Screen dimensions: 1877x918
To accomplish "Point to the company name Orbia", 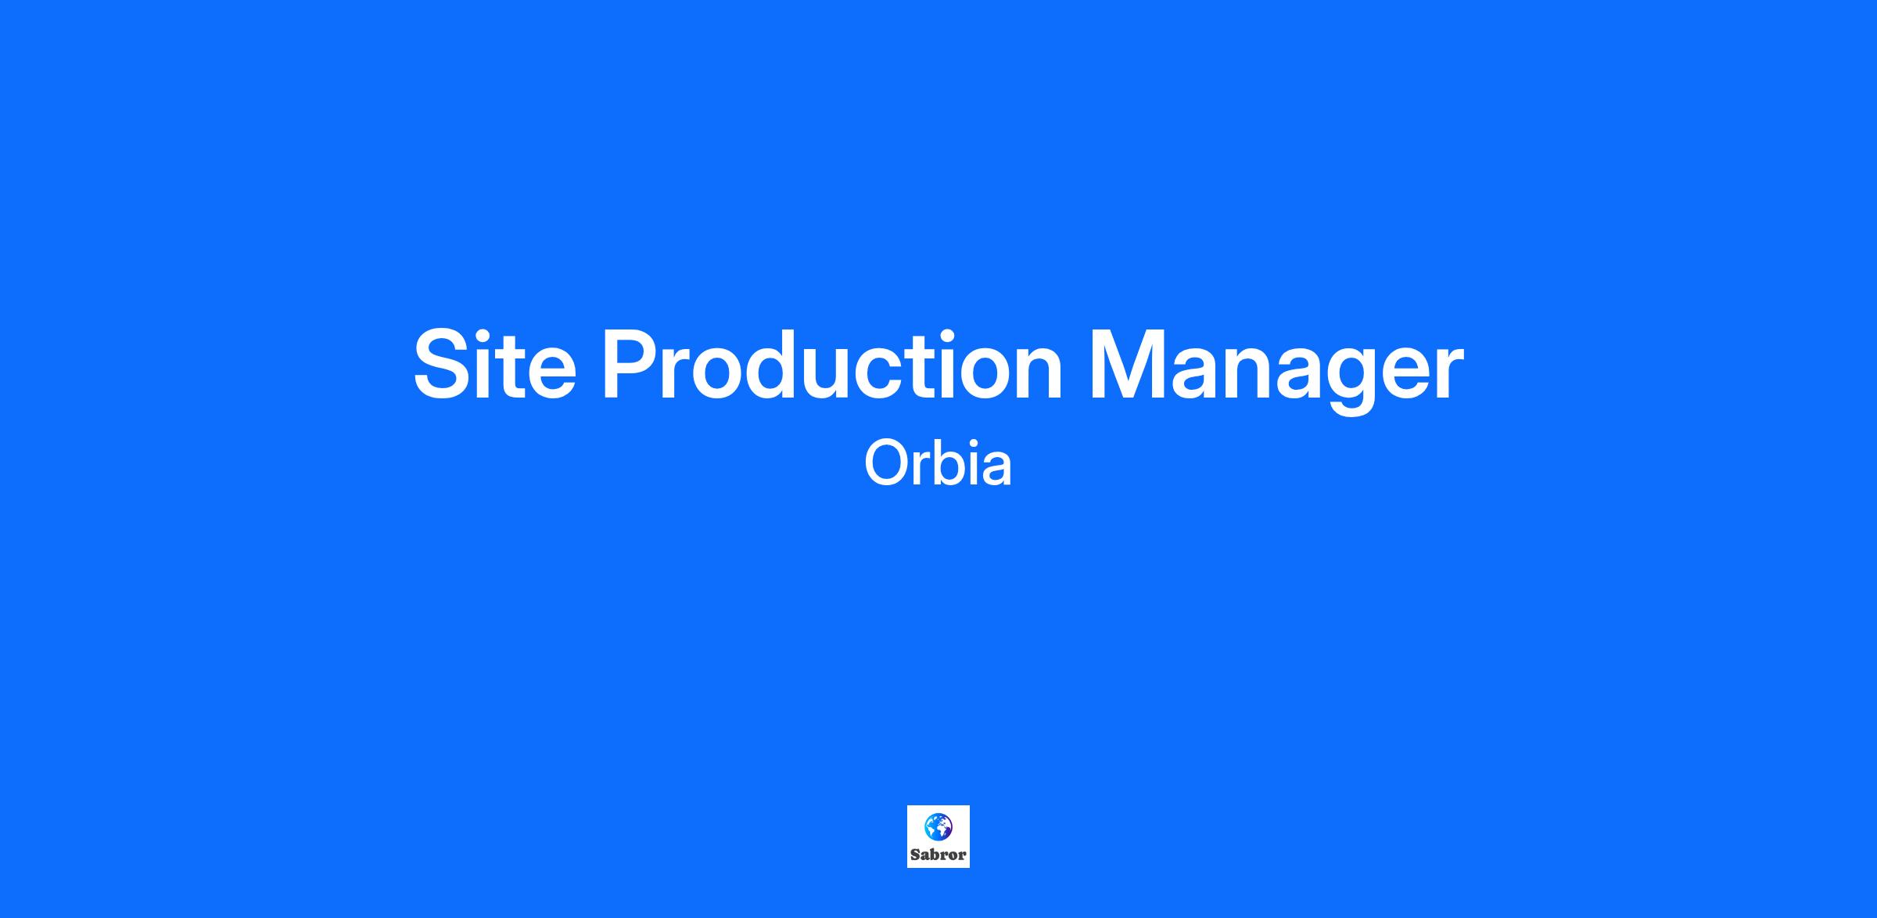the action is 938,464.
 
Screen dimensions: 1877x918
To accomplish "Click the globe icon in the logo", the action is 938,826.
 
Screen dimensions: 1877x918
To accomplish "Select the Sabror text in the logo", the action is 938,855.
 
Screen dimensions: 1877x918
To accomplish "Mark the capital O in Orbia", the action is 886,464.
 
